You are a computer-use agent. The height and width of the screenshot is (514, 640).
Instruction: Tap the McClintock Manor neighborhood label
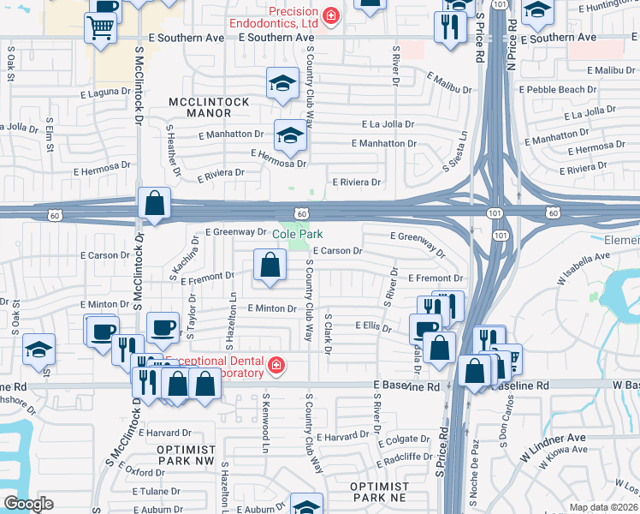click(209, 107)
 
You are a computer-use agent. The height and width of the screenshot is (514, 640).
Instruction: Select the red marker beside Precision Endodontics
click(329, 15)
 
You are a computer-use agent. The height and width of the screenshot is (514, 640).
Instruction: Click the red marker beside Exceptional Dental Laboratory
click(276, 367)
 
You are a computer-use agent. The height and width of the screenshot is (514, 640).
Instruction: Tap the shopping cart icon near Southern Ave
click(100, 28)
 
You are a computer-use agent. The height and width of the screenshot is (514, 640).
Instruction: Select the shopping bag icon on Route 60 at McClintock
click(155, 205)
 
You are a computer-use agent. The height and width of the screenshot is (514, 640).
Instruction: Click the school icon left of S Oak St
click(39, 350)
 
